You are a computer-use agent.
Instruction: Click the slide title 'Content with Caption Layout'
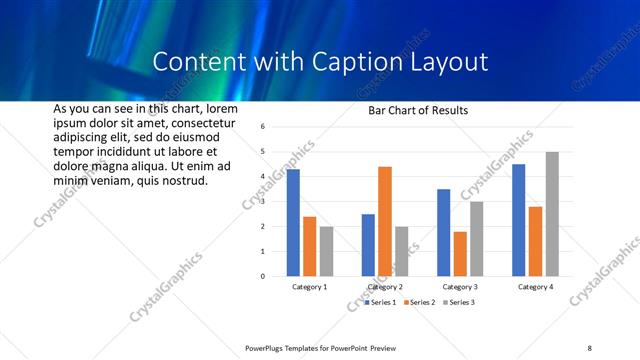pyautogui.click(x=320, y=62)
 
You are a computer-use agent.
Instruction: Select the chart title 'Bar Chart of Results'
pyautogui.click(x=418, y=110)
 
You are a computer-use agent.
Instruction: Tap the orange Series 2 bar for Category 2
pyautogui.click(x=385, y=221)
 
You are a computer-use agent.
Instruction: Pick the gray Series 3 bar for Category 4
pyautogui.click(x=552, y=214)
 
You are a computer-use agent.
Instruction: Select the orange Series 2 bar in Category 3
pyautogui.click(x=460, y=254)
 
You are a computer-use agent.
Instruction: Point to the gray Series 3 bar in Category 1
pyautogui.click(x=327, y=251)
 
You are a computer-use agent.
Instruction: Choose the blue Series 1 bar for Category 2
pyautogui.click(x=368, y=245)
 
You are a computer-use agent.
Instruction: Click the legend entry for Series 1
pyautogui.click(x=381, y=302)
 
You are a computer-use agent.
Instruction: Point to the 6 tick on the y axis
pyautogui.click(x=261, y=127)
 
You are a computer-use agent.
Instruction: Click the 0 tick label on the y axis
pyautogui.click(x=261, y=276)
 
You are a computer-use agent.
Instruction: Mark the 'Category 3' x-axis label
pyautogui.click(x=460, y=287)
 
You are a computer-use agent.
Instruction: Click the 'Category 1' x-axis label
pyautogui.click(x=310, y=287)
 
